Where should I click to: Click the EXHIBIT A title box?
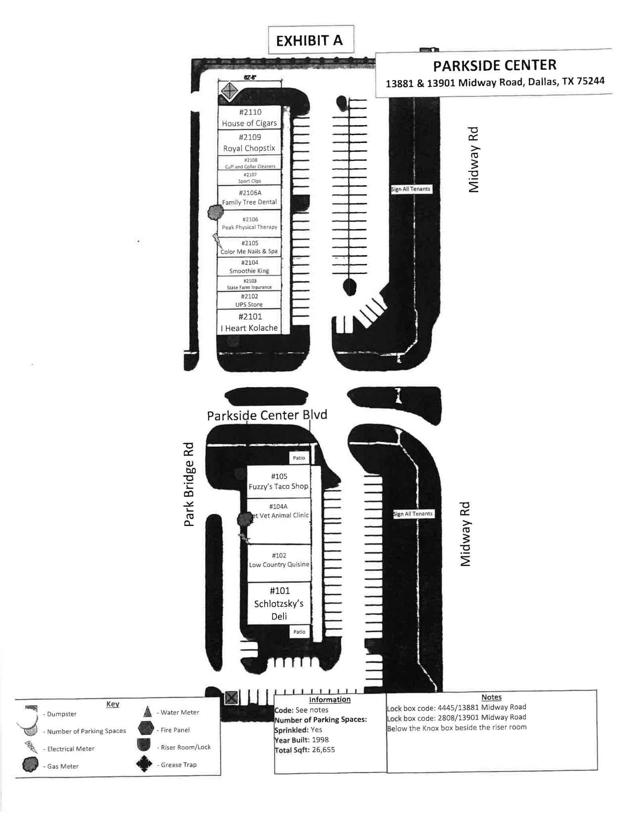point(311,40)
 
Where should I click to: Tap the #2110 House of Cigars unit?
point(250,118)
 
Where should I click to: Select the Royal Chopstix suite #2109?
point(250,143)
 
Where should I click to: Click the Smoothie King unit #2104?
point(250,267)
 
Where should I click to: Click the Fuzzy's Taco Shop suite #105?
point(279,481)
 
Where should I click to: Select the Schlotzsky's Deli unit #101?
point(279,603)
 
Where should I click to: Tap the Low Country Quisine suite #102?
point(279,560)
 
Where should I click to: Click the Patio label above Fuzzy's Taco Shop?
point(299,458)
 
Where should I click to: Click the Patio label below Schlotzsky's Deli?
point(299,632)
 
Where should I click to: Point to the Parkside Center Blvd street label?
point(267,415)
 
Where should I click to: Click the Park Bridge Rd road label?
point(189,484)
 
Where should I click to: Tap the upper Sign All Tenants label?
point(411,189)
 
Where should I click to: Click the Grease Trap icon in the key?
point(144,764)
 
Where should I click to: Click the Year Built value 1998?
point(320,739)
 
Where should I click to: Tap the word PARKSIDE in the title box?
point(461,65)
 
